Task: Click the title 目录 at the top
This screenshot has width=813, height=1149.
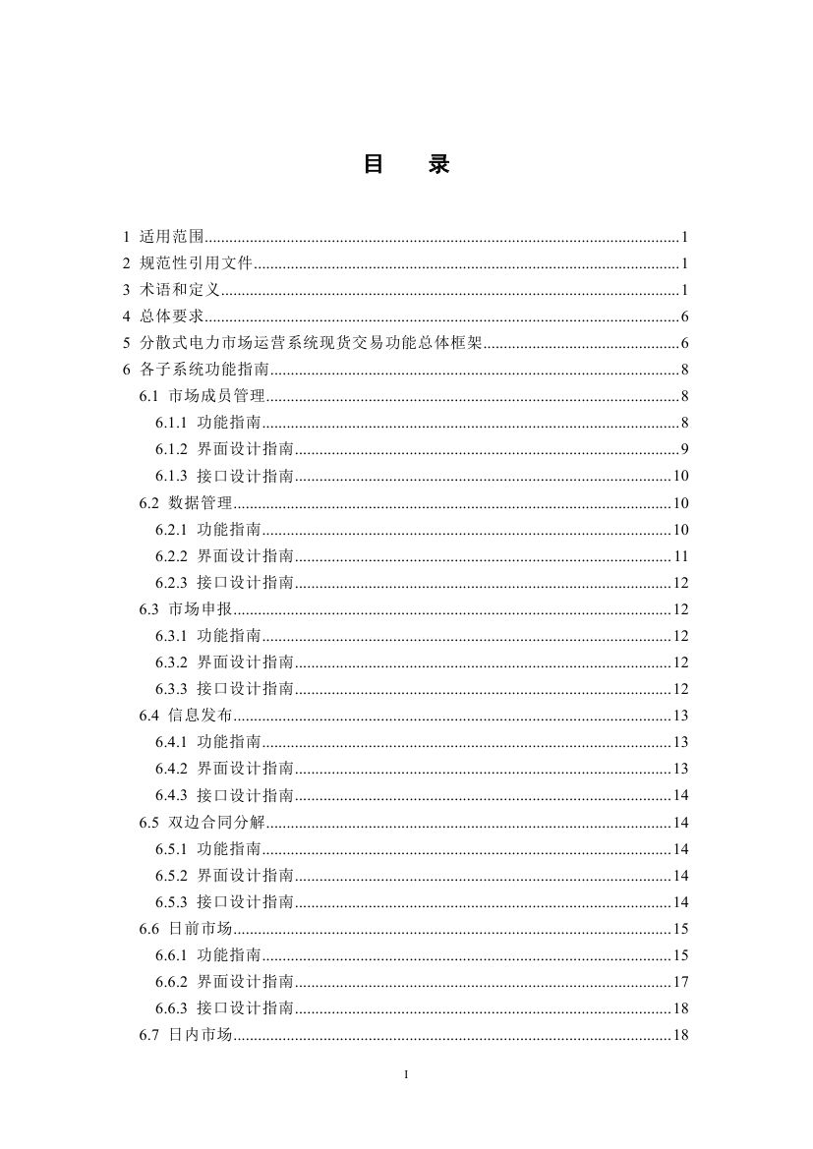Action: click(x=406, y=165)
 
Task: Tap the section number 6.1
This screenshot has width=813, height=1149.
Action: click(x=148, y=396)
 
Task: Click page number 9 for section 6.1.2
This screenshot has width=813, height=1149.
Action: click(x=683, y=449)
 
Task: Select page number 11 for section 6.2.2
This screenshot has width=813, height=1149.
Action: click(x=680, y=556)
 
